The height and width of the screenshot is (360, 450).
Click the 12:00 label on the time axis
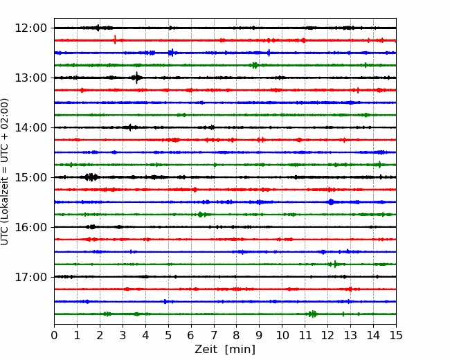[30, 28]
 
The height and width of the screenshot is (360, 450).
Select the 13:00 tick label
[30, 78]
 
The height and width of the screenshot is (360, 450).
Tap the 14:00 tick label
[30, 127]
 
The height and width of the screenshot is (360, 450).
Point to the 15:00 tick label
[30, 177]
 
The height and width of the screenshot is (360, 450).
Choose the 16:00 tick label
[30, 227]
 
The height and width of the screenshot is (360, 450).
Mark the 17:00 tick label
[30, 277]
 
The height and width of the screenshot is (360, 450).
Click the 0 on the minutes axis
[54, 335]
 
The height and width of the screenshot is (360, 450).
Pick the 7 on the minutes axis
[214, 335]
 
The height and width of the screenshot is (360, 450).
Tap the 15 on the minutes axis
[396, 335]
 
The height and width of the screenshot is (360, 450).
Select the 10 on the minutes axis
[282, 335]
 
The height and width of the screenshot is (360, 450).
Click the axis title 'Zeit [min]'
[225, 349]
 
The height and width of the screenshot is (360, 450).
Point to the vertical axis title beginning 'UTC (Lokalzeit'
[5, 172]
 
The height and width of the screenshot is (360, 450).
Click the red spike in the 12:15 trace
[115, 39]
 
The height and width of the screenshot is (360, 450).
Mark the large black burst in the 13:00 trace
[136, 78]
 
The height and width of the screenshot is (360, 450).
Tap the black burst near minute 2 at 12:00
[98, 28]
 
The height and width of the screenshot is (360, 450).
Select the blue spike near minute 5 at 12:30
[172, 53]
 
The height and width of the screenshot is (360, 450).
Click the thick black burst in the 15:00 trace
[91, 177]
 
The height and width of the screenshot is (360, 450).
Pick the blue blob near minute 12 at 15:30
[331, 202]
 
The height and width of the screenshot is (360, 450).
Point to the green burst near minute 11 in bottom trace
[312, 314]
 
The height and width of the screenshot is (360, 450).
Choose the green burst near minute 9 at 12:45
[255, 65]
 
